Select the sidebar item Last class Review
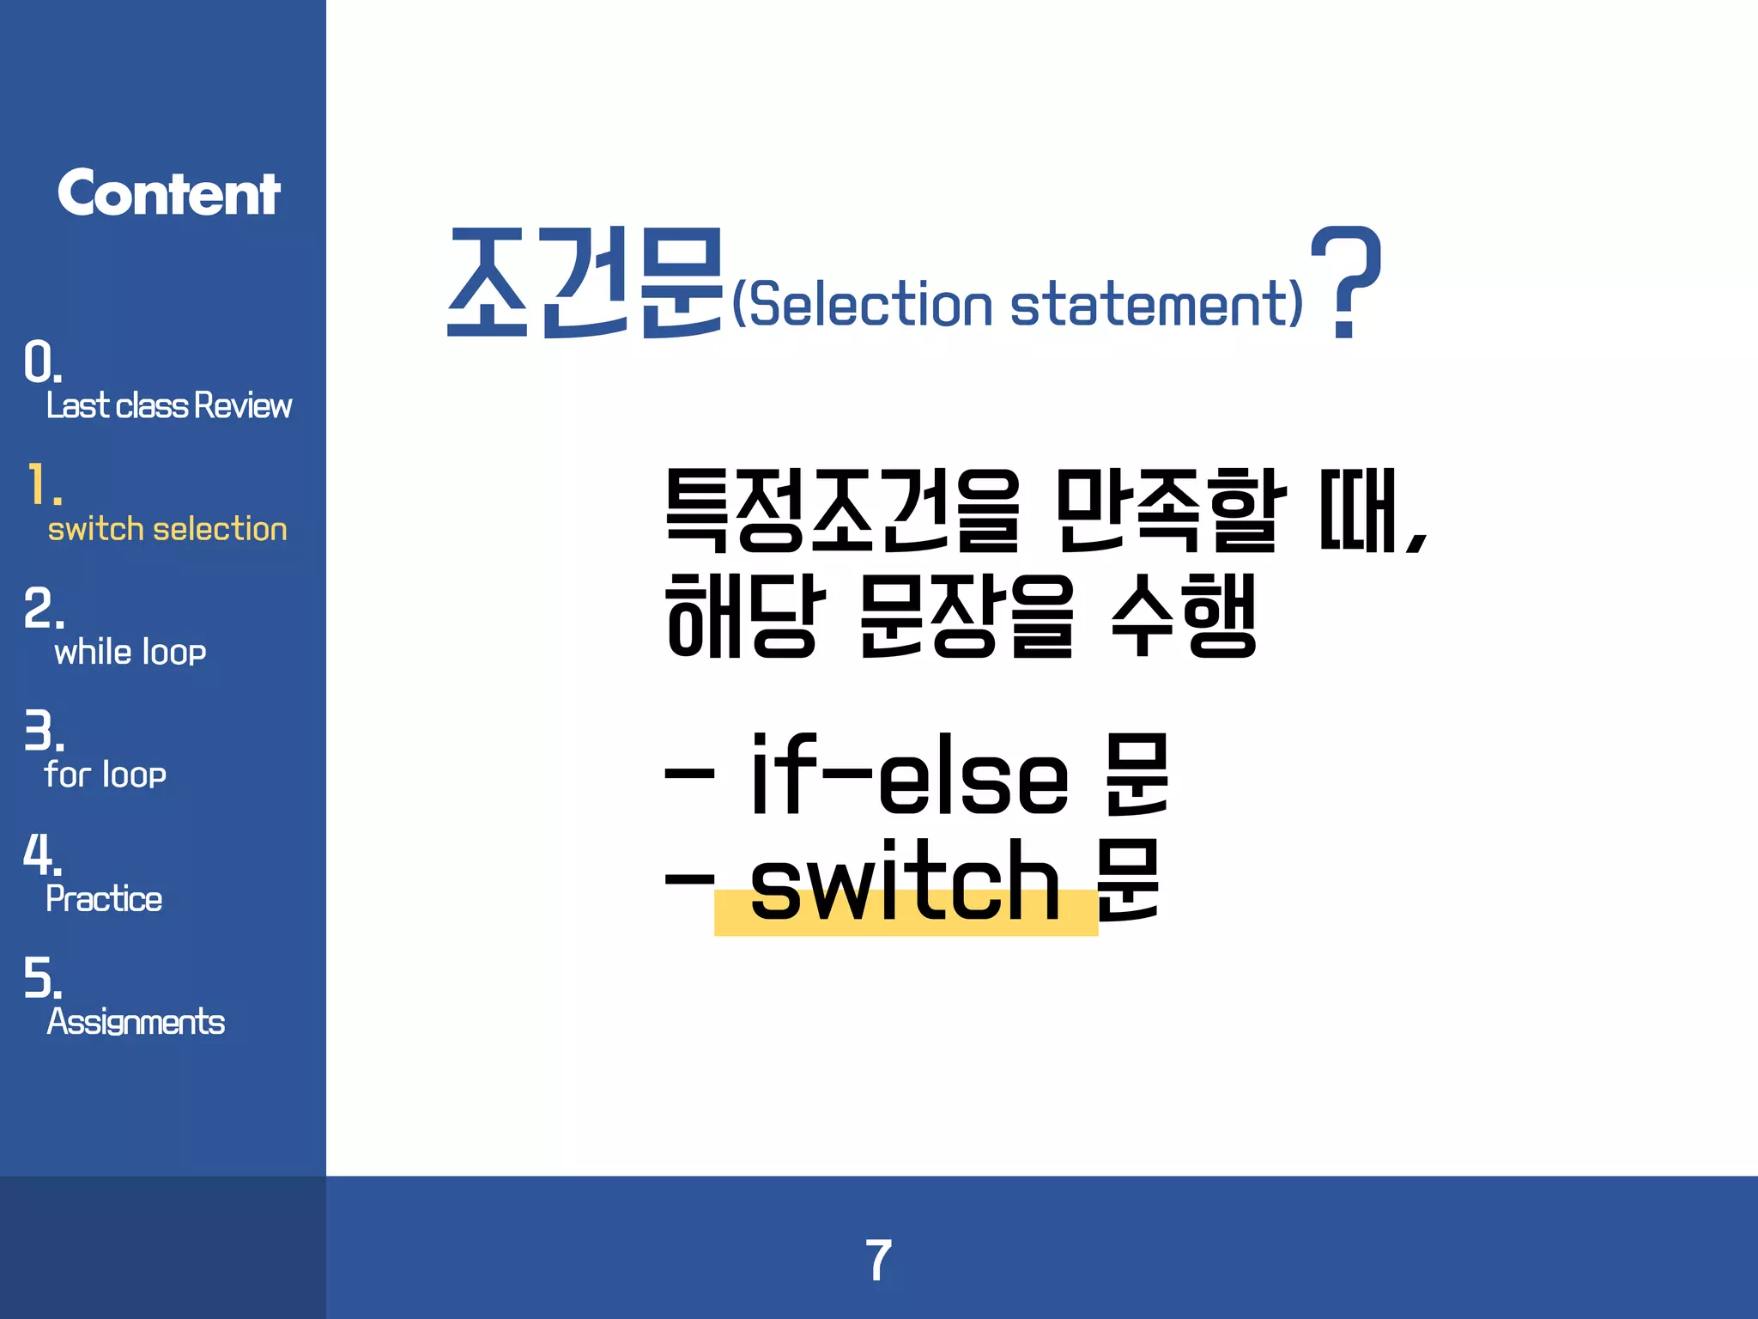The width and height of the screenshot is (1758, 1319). coord(169,405)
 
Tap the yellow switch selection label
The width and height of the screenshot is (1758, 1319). coord(167,529)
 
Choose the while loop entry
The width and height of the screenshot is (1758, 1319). coord(130,652)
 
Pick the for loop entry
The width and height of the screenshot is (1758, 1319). coord(106,775)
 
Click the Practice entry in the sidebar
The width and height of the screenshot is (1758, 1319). coord(104,898)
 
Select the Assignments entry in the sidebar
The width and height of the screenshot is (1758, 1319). coord(136,1022)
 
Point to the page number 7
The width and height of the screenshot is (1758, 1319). coord(878,1260)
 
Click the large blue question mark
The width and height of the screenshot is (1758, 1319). coord(1345,282)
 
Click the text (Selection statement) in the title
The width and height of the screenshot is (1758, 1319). coord(1017,304)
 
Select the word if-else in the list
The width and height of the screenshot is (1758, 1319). coord(910,775)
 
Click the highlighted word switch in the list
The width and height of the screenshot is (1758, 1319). coord(906,883)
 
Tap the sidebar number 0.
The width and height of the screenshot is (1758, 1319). coord(42,362)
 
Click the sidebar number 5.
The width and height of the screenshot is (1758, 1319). coord(42,977)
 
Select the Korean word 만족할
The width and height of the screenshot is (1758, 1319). coord(1171,510)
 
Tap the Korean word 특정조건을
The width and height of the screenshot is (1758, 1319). coord(843,510)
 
